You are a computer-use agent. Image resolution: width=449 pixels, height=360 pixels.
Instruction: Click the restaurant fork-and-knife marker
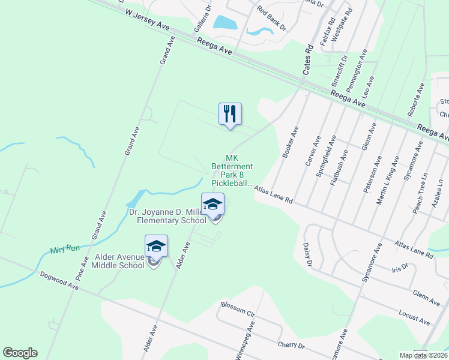pos(230,114)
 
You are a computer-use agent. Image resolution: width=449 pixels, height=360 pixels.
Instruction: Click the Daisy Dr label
pos(308,254)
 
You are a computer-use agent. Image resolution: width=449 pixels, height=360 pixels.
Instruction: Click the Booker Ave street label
pos(291,142)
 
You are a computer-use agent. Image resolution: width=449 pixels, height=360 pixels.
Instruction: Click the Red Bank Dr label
pos(271,18)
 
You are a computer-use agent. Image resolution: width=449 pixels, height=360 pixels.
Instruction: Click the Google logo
pos(20,353)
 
